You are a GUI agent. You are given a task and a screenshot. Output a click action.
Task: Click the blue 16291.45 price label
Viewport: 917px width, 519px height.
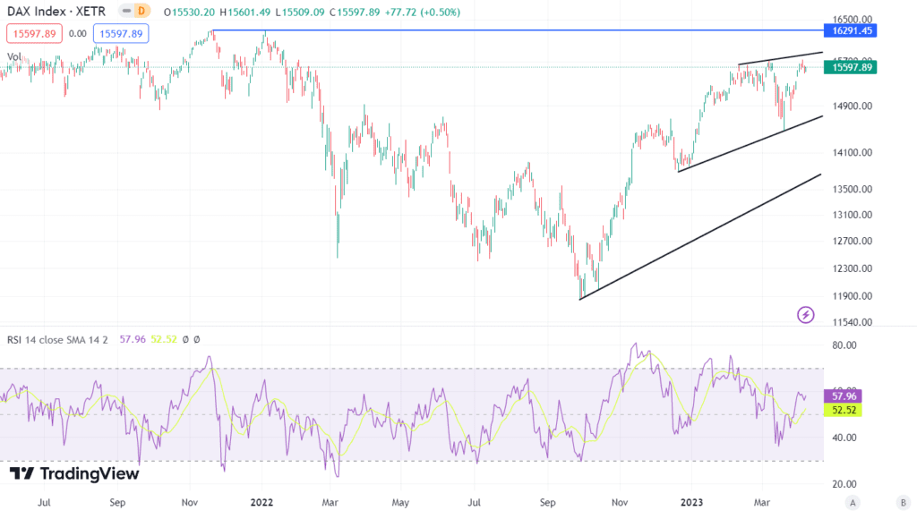point(853,30)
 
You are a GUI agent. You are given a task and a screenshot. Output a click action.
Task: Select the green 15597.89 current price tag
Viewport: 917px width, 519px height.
point(853,67)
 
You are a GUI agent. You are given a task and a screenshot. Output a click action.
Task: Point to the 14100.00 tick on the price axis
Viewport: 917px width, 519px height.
point(852,152)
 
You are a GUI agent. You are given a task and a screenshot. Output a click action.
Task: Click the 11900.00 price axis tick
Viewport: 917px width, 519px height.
point(852,296)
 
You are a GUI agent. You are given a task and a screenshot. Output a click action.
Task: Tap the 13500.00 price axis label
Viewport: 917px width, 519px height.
point(852,189)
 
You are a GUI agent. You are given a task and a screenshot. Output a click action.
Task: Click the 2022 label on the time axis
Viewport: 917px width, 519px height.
point(262,503)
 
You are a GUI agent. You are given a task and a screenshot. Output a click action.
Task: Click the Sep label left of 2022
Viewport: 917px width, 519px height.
point(117,503)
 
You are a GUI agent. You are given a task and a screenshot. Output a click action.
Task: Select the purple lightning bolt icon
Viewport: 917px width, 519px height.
point(806,314)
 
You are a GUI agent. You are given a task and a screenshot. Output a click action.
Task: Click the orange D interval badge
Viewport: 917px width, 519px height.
point(141,10)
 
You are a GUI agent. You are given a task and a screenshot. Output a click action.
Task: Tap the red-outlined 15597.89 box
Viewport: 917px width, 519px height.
point(34,33)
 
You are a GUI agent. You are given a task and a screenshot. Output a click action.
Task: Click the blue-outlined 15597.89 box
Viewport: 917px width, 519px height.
point(121,33)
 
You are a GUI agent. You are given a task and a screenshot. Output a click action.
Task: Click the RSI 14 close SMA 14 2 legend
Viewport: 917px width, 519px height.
point(63,339)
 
